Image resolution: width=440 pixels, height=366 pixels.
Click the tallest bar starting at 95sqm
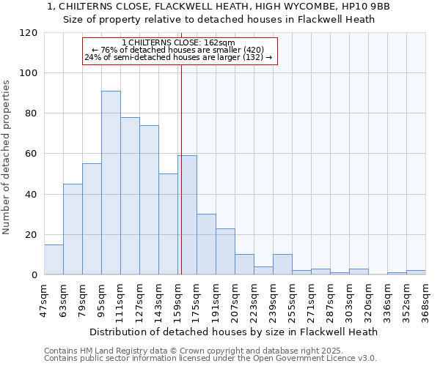tap(111, 183)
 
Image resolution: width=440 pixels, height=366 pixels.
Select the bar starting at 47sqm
tap(54, 260)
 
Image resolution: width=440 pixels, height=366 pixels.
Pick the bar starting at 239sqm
tap(282, 265)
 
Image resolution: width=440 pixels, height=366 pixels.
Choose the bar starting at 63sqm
tap(73, 229)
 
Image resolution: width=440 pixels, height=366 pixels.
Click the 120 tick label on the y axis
tap(29, 33)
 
